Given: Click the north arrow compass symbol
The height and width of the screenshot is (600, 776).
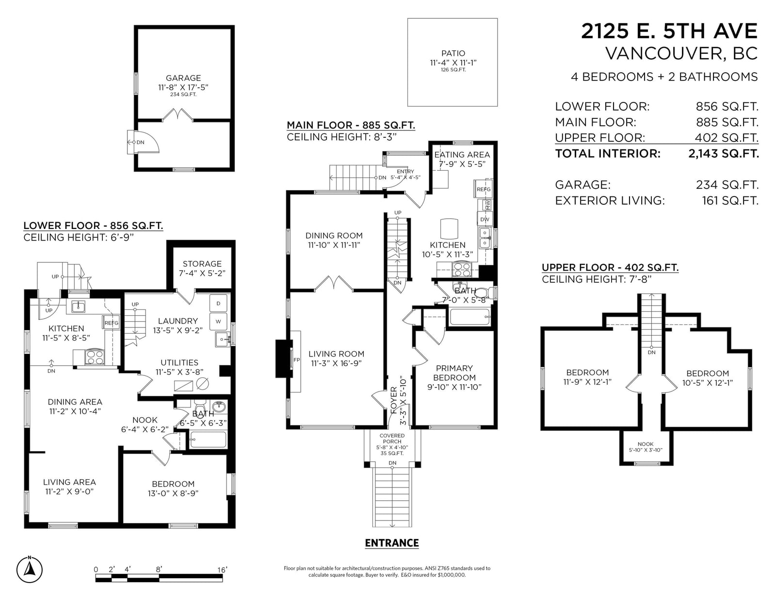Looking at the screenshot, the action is (29, 569).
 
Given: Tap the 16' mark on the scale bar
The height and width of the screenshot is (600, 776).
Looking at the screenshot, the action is (222, 569).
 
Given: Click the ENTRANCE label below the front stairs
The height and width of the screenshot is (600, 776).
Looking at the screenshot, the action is (392, 543).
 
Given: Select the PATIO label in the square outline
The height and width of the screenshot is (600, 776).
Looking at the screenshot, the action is (453, 53).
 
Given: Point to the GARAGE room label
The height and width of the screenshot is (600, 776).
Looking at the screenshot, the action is (183, 78).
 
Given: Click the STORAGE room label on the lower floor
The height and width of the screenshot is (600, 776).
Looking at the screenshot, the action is (202, 264).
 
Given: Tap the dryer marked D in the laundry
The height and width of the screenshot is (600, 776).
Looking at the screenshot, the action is (218, 304).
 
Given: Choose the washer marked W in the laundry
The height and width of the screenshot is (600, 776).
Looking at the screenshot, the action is (218, 322).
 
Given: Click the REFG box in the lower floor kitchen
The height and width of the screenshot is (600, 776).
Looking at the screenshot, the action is (111, 323).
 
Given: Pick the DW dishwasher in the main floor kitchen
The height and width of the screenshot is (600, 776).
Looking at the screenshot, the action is (485, 219).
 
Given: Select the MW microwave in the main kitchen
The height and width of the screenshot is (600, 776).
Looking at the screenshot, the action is (487, 205).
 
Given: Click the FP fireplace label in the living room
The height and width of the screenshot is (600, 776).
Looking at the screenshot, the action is (296, 360).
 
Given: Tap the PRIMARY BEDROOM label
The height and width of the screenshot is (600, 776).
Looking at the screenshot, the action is (454, 373).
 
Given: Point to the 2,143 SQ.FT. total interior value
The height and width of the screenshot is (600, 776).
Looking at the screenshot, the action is (724, 154).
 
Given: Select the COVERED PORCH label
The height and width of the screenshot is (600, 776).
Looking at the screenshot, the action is (392, 438).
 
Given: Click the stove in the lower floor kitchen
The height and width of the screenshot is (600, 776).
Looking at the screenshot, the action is (95, 357).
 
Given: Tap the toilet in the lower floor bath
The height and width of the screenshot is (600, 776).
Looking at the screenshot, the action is (200, 406).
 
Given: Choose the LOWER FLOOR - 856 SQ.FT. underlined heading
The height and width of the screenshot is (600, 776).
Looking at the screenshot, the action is (93, 226).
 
